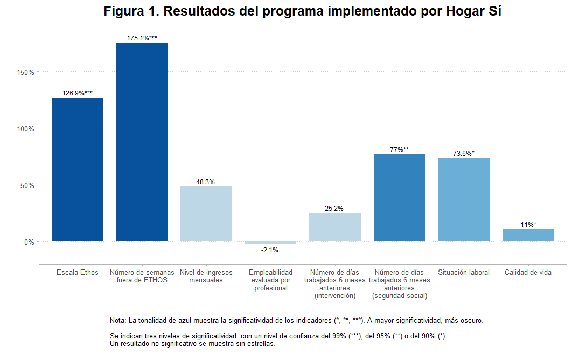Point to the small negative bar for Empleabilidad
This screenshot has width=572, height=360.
coord(270,243)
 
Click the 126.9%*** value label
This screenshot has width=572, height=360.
coord(78,93)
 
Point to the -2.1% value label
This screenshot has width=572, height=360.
coord(270,250)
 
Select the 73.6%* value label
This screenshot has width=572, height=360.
coord(464,154)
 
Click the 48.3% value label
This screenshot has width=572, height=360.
coord(205,182)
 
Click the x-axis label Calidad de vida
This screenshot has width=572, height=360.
coord(528,273)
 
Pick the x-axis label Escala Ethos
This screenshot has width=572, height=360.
coord(78,273)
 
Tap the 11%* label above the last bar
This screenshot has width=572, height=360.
coord(528,225)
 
